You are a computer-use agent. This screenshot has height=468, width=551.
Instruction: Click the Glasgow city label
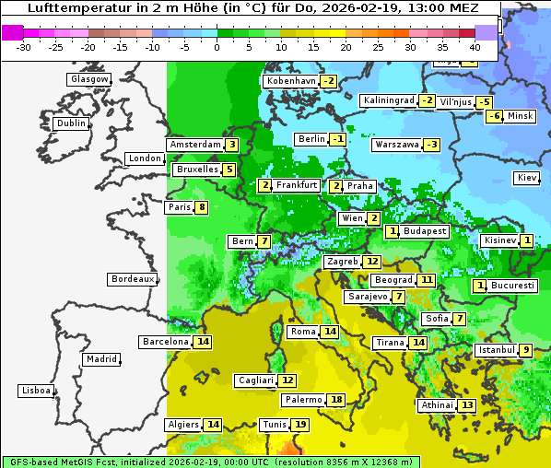(89, 79)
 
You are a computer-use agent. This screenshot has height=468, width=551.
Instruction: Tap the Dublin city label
(71, 123)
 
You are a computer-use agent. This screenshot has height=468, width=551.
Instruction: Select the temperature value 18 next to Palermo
(337, 400)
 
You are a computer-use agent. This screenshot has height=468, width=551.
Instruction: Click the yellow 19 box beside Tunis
(300, 425)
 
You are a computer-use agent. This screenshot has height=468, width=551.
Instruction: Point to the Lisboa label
(36, 391)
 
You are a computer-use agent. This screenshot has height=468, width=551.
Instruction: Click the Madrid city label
(101, 359)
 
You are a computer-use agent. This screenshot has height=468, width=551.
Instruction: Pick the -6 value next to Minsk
(495, 116)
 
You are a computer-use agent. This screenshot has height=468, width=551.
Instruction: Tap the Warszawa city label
(396, 145)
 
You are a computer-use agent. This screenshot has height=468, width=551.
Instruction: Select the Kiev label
(527, 177)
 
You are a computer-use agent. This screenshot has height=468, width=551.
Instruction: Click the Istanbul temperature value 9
(525, 350)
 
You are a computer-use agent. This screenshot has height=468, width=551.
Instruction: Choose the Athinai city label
(437, 405)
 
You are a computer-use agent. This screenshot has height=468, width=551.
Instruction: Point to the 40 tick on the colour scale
(475, 47)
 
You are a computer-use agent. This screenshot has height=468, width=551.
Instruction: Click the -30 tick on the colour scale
(24, 47)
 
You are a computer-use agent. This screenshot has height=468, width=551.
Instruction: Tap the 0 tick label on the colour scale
(217, 47)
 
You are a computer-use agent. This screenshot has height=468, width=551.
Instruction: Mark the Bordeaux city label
(133, 279)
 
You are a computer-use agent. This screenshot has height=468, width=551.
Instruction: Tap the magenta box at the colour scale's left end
(12, 32)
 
